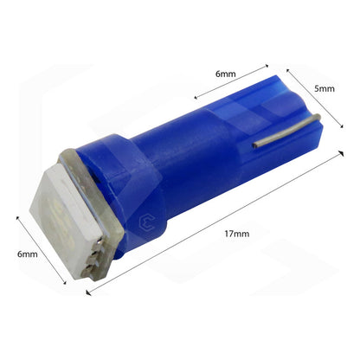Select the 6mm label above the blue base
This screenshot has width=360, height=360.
(x=225, y=74)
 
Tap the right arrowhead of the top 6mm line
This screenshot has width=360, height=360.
(x=267, y=63)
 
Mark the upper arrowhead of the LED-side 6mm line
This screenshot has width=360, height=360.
(x=17, y=218)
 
